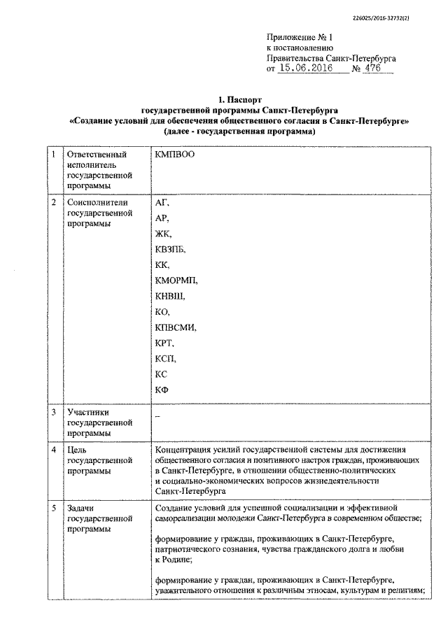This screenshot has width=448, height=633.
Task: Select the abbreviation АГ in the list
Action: click(162, 202)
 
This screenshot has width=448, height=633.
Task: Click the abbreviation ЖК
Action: click(162, 234)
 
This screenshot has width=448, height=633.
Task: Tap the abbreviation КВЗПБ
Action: click(172, 249)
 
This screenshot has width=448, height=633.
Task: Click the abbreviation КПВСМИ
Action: click(176, 327)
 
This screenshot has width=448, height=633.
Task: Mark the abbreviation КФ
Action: click(161, 390)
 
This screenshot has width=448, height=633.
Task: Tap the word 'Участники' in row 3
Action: click(88, 413)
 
